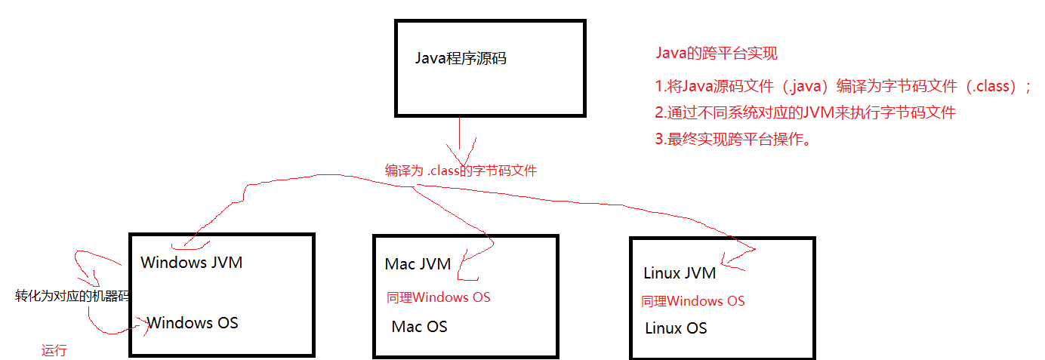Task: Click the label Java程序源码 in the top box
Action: (461, 58)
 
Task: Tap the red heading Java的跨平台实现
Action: (716, 54)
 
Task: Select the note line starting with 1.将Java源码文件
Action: (842, 86)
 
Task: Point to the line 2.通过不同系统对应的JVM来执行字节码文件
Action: (805, 113)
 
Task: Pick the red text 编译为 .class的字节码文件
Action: (461, 171)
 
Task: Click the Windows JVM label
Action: (192, 263)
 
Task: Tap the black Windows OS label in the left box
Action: (193, 323)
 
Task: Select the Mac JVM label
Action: (418, 264)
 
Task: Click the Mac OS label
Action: (419, 327)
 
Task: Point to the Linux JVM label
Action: (680, 273)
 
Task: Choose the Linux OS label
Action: (676, 328)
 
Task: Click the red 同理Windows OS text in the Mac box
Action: (438, 297)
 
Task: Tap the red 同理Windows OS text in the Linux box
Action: (692, 301)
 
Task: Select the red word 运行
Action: (54, 350)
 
